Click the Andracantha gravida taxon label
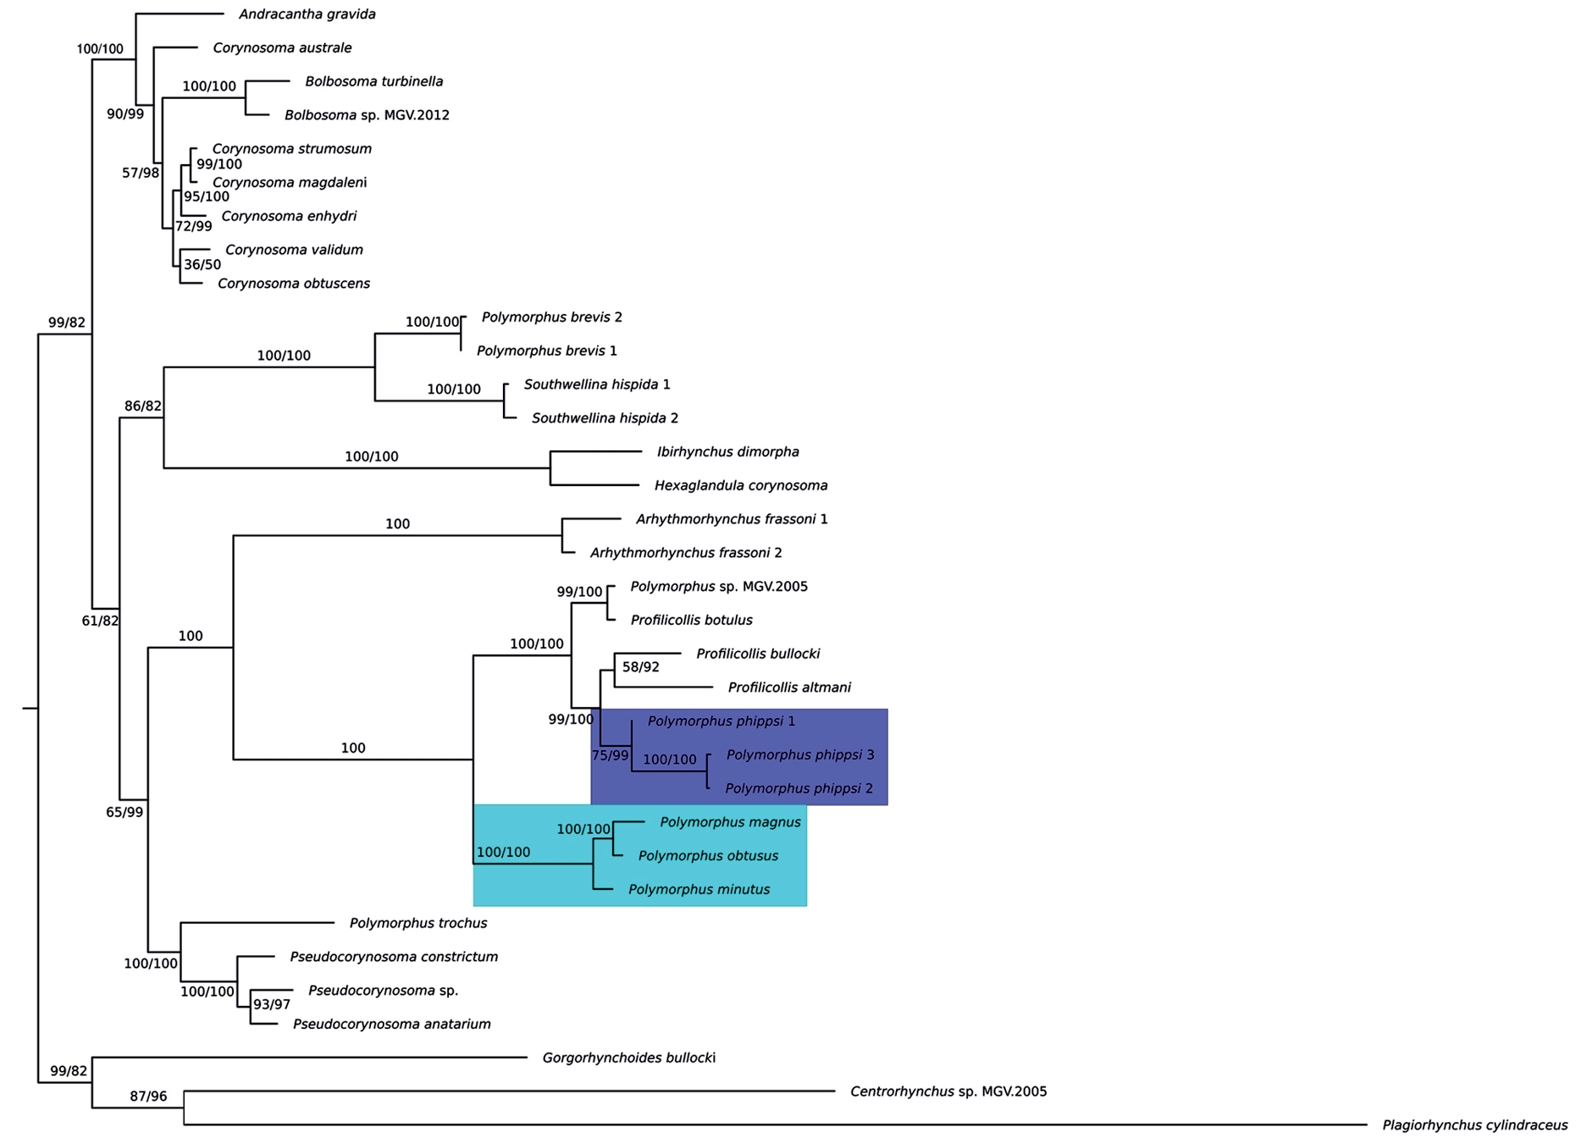pos(307,14)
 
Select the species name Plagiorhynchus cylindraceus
pos(1474,1125)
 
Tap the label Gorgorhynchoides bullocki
pos(628,1058)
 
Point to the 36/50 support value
pos(202,265)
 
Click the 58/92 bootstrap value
pos(640,667)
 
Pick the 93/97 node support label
pos(272,1005)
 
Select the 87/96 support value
pos(148,1097)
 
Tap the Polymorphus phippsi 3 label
pos(800,754)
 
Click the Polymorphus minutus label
pos(699,889)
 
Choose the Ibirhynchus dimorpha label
pos(727,452)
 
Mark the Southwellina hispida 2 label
pos(605,418)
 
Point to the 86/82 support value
pos(143,406)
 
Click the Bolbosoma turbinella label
pos(373,81)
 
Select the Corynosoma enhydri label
pos(289,216)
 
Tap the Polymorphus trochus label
pos(417,923)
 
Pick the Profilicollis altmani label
pos(789,688)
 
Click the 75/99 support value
pos(611,755)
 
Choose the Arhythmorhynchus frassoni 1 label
pos(732,519)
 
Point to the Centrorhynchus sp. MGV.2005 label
pos(948,1091)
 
